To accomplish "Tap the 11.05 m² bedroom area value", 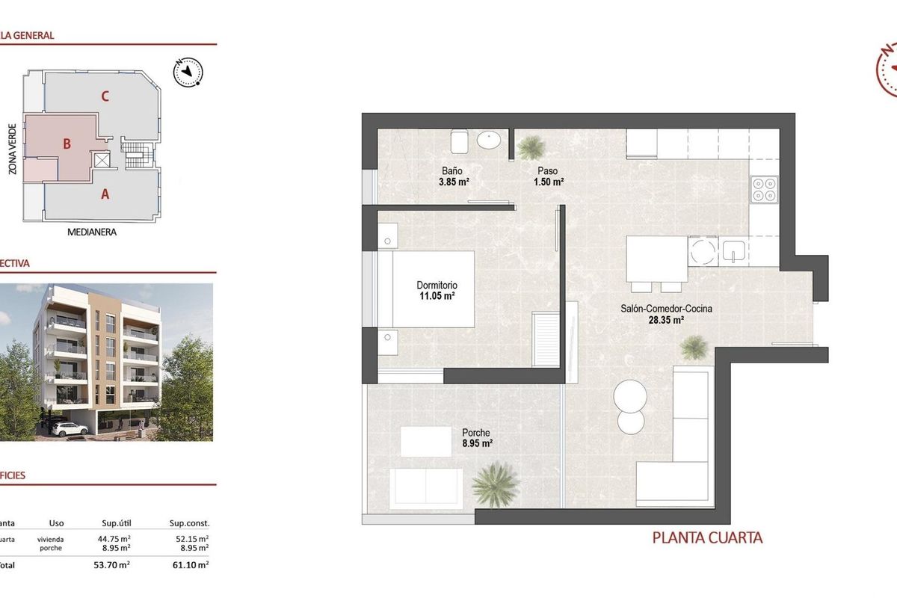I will pos(437,296).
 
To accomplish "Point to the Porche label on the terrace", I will pos(476,433).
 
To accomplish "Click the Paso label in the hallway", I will pos(548,171).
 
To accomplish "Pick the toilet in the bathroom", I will pos(459,139).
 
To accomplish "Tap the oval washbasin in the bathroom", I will pos(490,139).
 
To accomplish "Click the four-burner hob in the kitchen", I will pos(764,189).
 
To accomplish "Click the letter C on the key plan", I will pos(106,96).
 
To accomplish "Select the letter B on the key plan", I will pos(67,144).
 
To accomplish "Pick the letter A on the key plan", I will pos(105,194).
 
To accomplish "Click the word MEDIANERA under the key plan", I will pos(92,232).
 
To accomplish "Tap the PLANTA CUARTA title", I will pos(707,537).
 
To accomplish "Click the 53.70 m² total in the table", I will pos(115,565).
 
